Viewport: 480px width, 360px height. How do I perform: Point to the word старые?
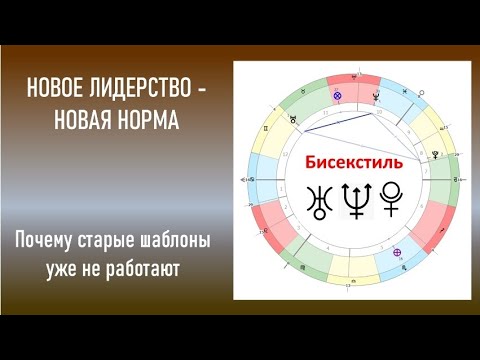point(107,242)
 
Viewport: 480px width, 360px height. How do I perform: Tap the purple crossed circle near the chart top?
point(337,96)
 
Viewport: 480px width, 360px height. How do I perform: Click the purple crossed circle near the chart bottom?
point(398,251)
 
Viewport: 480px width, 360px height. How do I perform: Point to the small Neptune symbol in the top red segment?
point(376,96)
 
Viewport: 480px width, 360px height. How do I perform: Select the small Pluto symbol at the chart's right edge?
point(435,155)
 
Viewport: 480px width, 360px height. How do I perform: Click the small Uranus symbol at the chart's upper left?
point(293,119)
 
